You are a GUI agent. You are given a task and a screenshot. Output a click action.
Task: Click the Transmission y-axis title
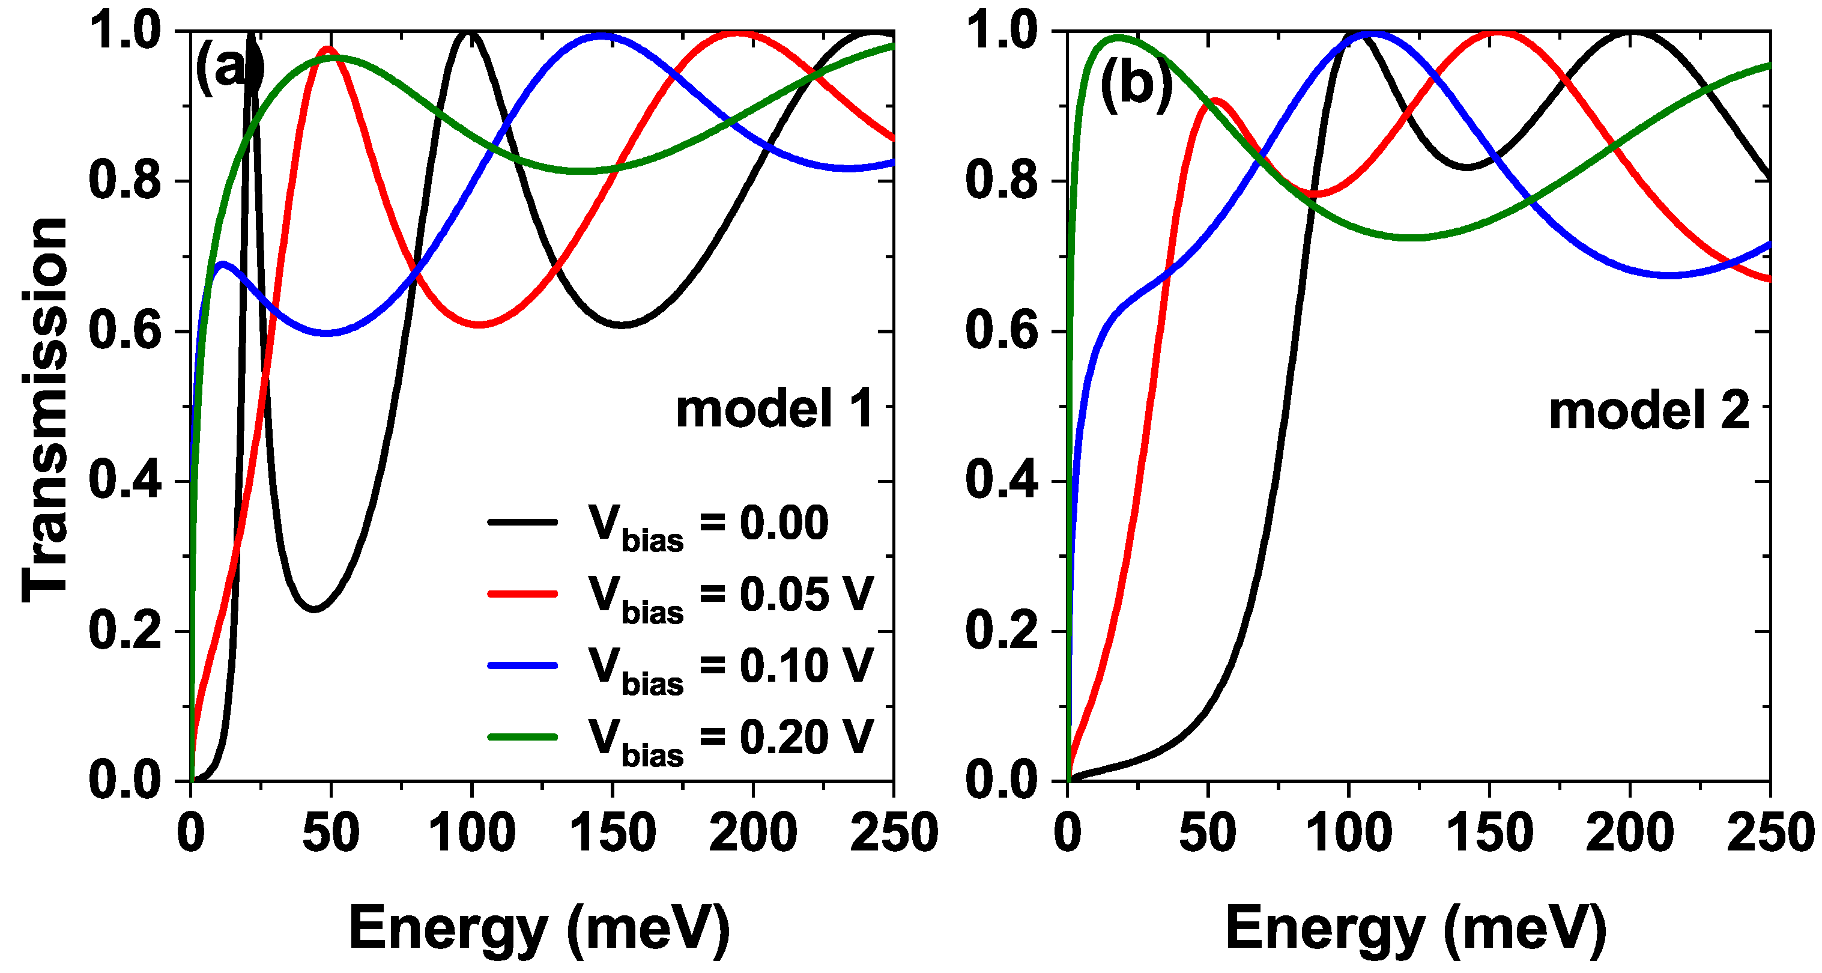[x=44, y=409]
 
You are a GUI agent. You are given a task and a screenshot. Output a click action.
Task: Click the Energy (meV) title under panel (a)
[x=539, y=929]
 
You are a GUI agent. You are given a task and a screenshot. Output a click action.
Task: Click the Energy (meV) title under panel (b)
[x=1415, y=929]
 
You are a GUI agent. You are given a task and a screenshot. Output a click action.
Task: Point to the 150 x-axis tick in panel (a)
[x=613, y=833]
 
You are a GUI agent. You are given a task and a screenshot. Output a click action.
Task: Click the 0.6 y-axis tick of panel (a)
[x=124, y=331]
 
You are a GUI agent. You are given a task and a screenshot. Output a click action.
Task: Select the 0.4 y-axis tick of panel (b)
[x=1002, y=481]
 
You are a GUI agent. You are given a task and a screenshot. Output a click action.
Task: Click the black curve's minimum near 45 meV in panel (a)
[x=314, y=608]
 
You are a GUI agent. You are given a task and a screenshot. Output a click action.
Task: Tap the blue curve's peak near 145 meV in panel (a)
[x=601, y=35]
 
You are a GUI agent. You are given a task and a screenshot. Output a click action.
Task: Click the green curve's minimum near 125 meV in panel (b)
[x=1411, y=237]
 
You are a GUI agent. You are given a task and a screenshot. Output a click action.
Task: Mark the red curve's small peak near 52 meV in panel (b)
[x=1214, y=101]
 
